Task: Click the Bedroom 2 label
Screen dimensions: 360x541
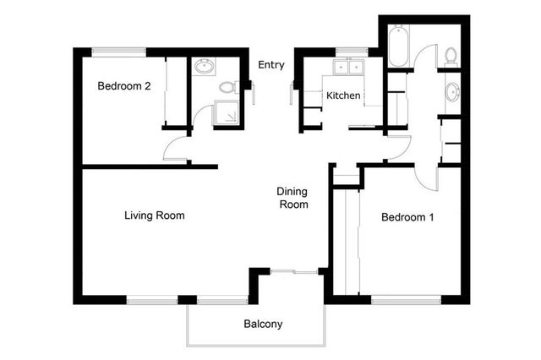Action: [123, 85]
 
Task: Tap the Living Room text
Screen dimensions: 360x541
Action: [154, 215]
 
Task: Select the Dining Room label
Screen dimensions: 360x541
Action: [293, 198]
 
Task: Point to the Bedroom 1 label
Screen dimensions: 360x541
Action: [407, 217]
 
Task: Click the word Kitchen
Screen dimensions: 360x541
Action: [343, 95]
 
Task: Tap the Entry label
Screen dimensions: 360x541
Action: [271, 64]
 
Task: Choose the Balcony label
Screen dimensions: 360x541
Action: [263, 324]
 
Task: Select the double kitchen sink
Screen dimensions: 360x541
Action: [347, 67]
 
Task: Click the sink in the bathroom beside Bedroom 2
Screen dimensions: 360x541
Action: [204, 67]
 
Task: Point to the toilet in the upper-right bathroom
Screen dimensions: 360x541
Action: [451, 57]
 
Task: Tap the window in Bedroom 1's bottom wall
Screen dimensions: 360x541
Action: [405, 298]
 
